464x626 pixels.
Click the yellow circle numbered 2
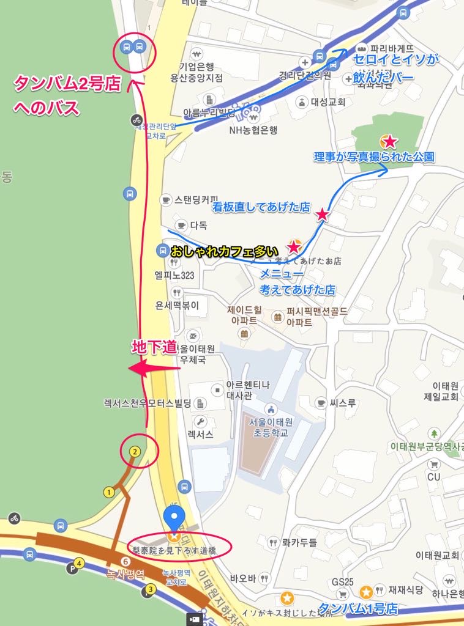pos(135,452)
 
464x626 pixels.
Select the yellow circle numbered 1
pos(109,492)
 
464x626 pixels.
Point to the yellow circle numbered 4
pos(78,563)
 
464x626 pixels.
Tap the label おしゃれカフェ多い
pos(224,251)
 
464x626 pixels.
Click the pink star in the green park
pos(389,142)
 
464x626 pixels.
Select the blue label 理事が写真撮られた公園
pos(374,157)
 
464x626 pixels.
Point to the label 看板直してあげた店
pos(261,207)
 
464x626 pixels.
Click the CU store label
pos(434,476)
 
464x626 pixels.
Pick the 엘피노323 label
pos(174,275)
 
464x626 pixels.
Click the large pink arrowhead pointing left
pos(140,369)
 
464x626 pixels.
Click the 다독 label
pos(198,225)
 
